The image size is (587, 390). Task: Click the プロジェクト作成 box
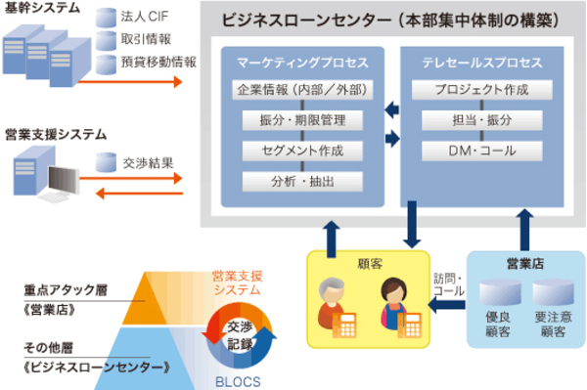tap(476, 91)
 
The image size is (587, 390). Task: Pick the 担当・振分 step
tap(476, 121)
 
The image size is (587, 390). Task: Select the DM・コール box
tap(476, 152)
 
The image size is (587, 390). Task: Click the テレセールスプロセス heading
tap(476, 63)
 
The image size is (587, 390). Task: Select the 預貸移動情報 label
tap(157, 61)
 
